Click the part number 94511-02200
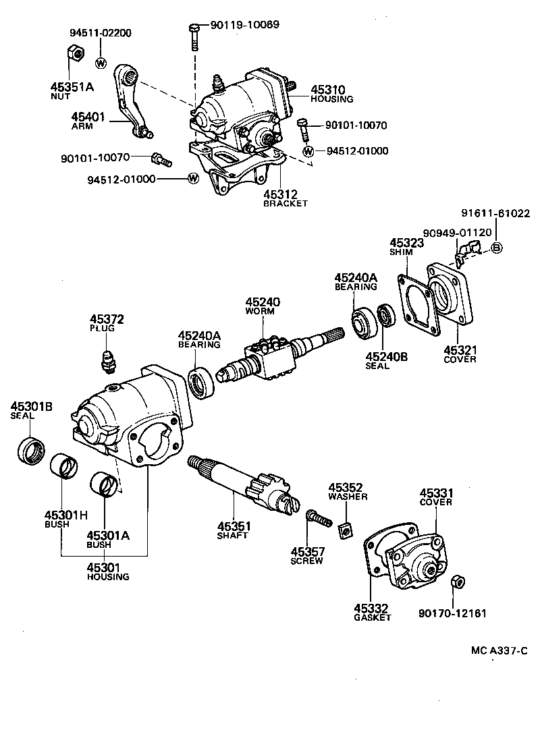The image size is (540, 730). point(101,32)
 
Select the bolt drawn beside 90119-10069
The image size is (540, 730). point(194,36)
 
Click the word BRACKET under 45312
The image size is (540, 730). point(286,203)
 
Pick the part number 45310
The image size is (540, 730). point(327,89)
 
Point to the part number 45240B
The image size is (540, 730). point(387,356)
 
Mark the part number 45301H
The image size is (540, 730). point(66,515)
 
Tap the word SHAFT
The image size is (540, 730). point(232,535)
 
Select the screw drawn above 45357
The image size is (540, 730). point(318,517)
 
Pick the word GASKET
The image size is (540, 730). point(373,617)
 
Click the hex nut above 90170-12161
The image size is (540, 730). point(456,581)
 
